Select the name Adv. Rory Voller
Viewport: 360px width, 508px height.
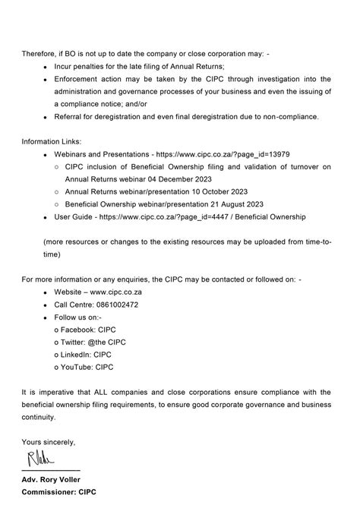[x=52, y=478]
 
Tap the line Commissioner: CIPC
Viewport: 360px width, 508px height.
[x=58, y=491]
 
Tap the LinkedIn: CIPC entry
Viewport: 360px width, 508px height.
[x=87, y=355]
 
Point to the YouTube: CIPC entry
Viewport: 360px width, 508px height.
[x=87, y=367]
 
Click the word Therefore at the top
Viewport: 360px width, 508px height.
[x=40, y=54]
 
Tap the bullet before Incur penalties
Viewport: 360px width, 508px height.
[x=46, y=67]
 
